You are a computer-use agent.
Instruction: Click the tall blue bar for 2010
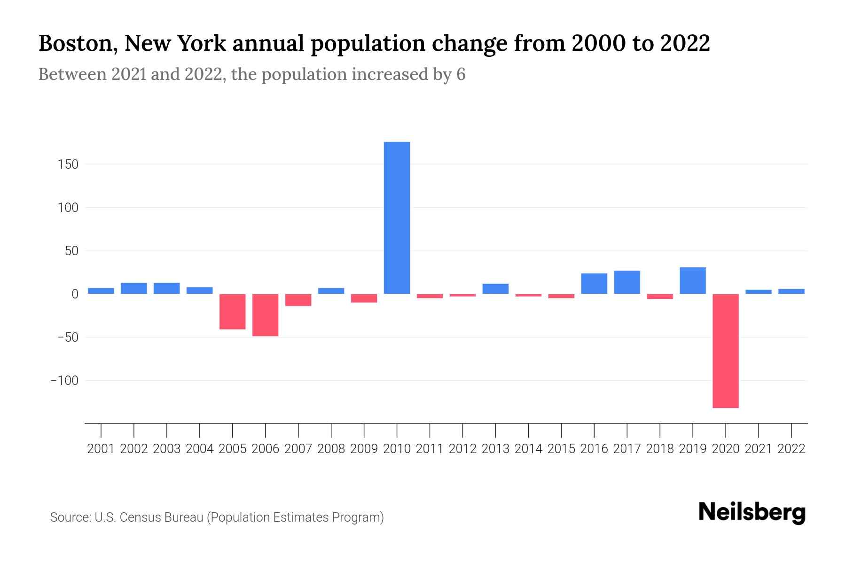tap(397, 218)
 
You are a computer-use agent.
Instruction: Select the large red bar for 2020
tap(725, 351)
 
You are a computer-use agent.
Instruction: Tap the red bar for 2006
tap(265, 315)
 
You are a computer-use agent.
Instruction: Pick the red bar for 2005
tap(232, 312)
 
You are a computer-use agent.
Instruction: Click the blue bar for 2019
tap(692, 281)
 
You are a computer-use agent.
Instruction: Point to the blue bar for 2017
tap(627, 282)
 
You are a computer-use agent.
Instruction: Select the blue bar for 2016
tap(594, 283)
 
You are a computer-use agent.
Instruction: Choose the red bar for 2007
tap(298, 300)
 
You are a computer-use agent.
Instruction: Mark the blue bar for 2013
tap(495, 289)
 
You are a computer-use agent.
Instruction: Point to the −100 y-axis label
tap(64, 380)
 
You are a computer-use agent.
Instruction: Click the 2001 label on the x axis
tap(101, 449)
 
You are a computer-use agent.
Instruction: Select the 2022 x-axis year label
tap(791, 449)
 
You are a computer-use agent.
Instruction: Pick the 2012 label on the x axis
tap(462, 449)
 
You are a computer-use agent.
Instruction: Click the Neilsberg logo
tap(752, 512)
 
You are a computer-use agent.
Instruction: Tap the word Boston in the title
tap(75, 43)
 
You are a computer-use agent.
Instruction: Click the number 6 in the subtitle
tap(461, 74)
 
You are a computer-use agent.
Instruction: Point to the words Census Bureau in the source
tap(163, 517)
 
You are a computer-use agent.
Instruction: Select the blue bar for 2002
tap(133, 288)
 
